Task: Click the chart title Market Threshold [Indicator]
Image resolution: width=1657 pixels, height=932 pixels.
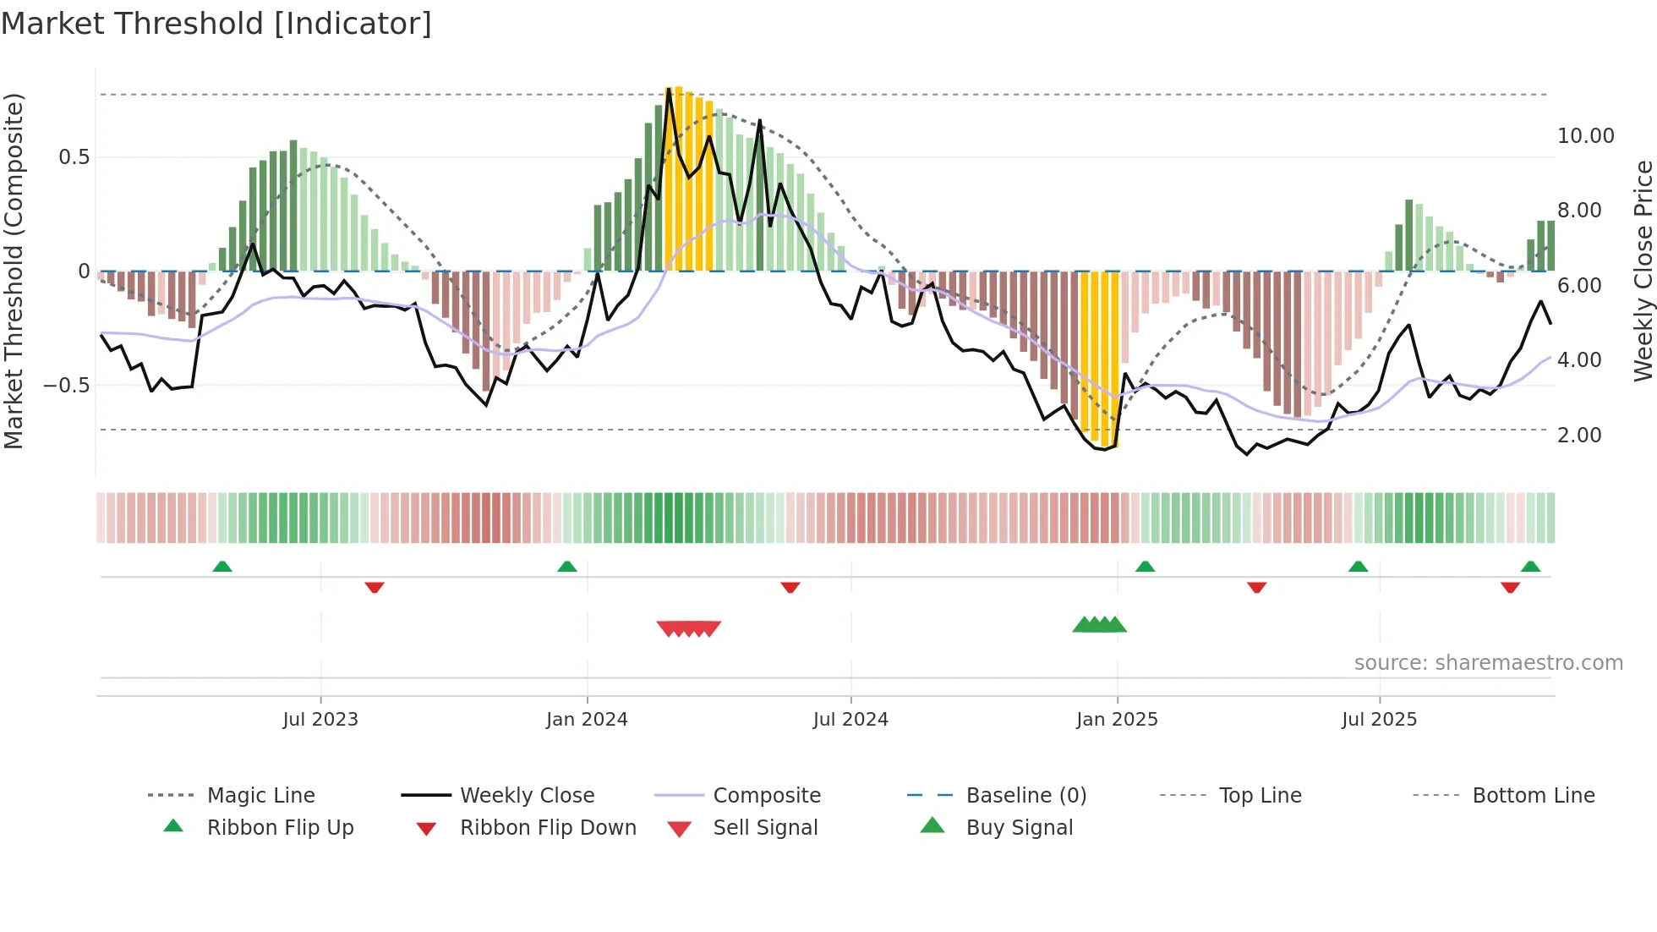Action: point(216,24)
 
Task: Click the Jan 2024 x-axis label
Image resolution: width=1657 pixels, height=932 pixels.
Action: point(587,719)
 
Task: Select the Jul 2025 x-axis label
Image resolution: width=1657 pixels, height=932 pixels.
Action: point(1379,719)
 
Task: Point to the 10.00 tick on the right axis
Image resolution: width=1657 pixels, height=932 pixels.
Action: point(1585,136)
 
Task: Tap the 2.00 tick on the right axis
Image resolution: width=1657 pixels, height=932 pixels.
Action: point(1578,435)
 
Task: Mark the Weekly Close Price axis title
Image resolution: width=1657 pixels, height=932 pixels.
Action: point(1643,271)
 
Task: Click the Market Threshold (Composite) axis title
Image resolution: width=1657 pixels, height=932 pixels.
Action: point(14,271)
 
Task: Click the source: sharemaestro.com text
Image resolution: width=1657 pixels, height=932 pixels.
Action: point(1488,662)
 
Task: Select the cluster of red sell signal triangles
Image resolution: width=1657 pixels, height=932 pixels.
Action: point(689,628)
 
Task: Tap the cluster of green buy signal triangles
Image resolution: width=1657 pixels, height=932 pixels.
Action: point(1099,625)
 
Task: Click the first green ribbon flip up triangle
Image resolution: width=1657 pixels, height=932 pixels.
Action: point(222,566)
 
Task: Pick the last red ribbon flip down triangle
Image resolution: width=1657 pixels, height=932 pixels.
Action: point(1510,587)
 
